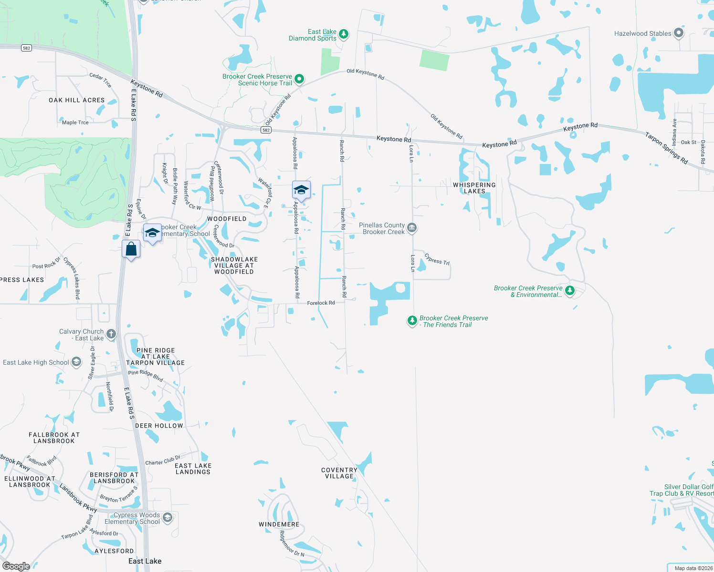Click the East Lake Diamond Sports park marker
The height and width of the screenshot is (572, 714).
point(343,34)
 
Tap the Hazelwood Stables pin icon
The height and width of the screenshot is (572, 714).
point(678,33)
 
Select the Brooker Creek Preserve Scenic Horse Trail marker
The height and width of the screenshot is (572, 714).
point(299,79)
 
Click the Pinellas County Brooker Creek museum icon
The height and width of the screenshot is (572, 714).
point(412,228)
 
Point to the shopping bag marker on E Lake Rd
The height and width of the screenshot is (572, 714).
point(131,249)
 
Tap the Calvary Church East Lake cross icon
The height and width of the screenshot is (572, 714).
point(111,334)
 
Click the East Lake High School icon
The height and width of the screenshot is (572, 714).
point(76,362)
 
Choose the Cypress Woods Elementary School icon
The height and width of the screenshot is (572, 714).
point(167,518)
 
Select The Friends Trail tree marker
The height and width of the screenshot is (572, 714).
point(412,321)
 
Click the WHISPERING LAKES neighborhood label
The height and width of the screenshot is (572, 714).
point(474,188)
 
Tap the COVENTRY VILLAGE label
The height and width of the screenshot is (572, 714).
point(339,473)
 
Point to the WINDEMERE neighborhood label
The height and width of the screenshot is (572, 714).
point(279,524)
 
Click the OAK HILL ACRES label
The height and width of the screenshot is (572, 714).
point(76,100)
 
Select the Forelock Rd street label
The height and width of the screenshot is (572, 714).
point(321,303)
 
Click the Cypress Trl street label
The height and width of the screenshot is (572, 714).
point(437,259)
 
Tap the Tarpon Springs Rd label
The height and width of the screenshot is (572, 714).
point(666,148)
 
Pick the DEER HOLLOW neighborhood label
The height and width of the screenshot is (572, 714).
point(159,426)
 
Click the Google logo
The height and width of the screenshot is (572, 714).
point(16,566)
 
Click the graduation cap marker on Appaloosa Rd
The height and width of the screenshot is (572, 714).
point(301,191)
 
